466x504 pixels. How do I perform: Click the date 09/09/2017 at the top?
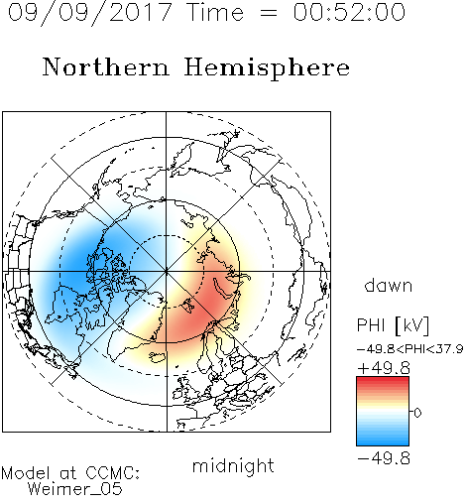point(90,13)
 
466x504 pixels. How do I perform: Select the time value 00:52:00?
point(349,12)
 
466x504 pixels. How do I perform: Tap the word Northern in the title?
point(106,66)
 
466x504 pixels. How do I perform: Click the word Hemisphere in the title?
point(267,68)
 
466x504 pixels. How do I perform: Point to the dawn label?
point(389,285)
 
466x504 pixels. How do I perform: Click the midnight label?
point(233,466)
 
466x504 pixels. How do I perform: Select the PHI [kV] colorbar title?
point(393,325)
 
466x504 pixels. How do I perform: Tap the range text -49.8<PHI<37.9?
point(410,349)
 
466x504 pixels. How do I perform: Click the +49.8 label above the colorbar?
point(384,368)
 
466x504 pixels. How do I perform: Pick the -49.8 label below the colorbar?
point(384,458)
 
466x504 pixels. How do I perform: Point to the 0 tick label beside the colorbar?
point(417,413)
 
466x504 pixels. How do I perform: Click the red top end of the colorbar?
point(383,380)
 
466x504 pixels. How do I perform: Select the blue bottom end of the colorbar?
point(383,441)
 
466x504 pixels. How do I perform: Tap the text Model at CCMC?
point(70,473)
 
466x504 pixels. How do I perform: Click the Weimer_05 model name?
point(74,489)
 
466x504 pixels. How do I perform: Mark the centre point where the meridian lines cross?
point(167,272)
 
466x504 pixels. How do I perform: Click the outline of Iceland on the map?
point(157,357)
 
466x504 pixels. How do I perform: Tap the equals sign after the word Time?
point(269,13)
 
